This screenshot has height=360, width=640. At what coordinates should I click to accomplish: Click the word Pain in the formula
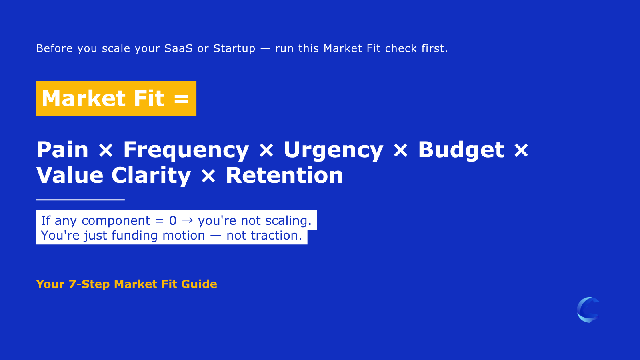[62, 150]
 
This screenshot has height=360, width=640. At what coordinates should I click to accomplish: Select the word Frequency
[186, 151]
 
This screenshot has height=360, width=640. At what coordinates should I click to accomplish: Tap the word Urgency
[333, 151]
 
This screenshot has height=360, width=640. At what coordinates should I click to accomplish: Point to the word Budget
[461, 151]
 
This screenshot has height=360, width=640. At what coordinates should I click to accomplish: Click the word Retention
[284, 176]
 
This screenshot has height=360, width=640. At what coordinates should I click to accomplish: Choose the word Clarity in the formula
[151, 176]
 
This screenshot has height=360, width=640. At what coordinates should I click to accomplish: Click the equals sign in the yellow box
[182, 99]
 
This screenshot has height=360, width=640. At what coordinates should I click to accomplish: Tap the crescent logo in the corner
[588, 310]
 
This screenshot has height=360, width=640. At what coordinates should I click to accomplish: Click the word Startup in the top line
[234, 48]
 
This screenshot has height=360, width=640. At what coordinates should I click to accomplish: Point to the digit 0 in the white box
[173, 220]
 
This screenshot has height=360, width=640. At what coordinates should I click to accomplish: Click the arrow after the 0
[187, 220]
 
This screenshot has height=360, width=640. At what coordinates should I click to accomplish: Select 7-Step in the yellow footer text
[89, 284]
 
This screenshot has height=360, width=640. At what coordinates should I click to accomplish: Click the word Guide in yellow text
[199, 284]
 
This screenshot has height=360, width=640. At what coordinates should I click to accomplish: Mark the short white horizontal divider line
[80, 199]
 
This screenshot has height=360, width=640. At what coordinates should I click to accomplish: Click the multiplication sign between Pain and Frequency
[106, 151]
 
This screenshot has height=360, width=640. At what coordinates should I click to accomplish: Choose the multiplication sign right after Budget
[521, 151]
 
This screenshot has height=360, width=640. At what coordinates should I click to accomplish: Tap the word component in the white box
[116, 221]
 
